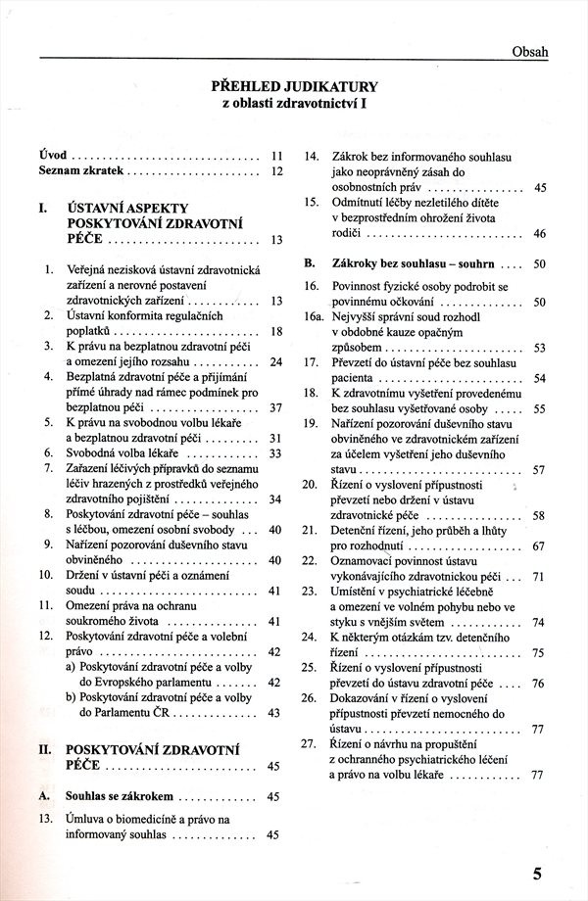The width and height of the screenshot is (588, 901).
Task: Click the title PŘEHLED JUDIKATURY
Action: click(294, 85)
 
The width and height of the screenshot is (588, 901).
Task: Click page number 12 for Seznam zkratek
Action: click(276, 170)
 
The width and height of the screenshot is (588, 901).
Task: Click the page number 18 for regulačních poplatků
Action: click(276, 332)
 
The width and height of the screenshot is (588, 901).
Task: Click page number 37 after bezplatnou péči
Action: click(275, 407)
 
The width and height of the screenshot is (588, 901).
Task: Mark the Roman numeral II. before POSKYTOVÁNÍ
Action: click(44, 749)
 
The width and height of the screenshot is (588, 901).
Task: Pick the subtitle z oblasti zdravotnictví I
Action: click(294, 103)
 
